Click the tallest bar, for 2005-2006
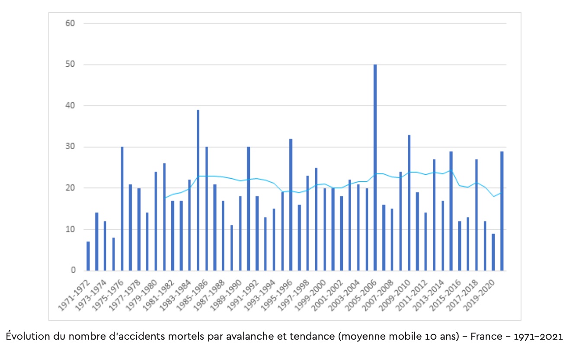pyautogui.click(x=375, y=168)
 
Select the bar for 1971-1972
pyautogui.click(x=88, y=256)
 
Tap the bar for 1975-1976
pyautogui.click(x=122, y=209)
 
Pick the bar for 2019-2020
pyautogui.click(x=493, y=252)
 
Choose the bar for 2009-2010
pyautogui.click(x=409, y=203)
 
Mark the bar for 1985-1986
pyautogui.click(x=206, y=209)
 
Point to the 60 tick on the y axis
pyautogui.click(x=70, y=23)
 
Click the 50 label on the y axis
pyautogui.click(x=70, y=64)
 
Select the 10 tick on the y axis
pyautogui.click(x=70, y=229)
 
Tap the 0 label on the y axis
pyautogui.click(x=73, y=271)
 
